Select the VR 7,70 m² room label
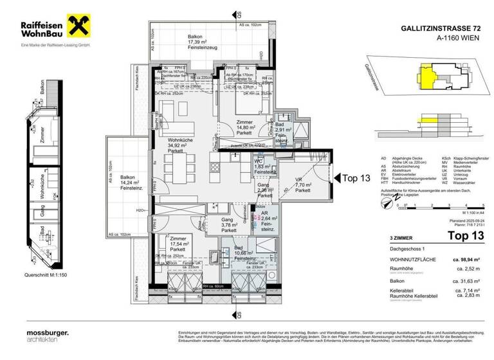[302, 184]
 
